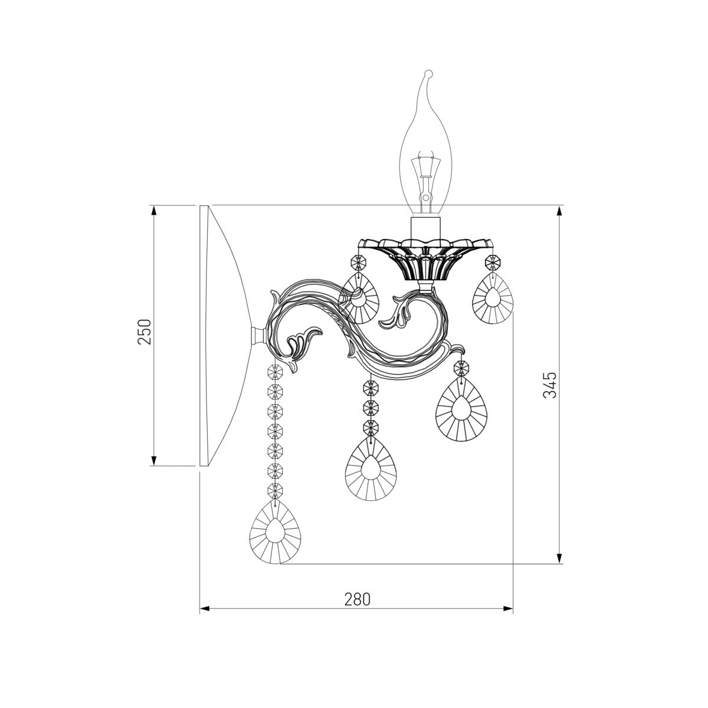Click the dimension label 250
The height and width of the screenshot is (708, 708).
click(144, 332)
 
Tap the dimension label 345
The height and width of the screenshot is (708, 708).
click(550, 385)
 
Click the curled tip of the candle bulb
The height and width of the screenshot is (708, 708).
click(428, 74)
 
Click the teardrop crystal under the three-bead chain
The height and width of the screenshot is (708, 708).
click(371, 468)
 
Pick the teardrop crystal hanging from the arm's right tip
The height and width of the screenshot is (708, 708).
click(461, 409)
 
